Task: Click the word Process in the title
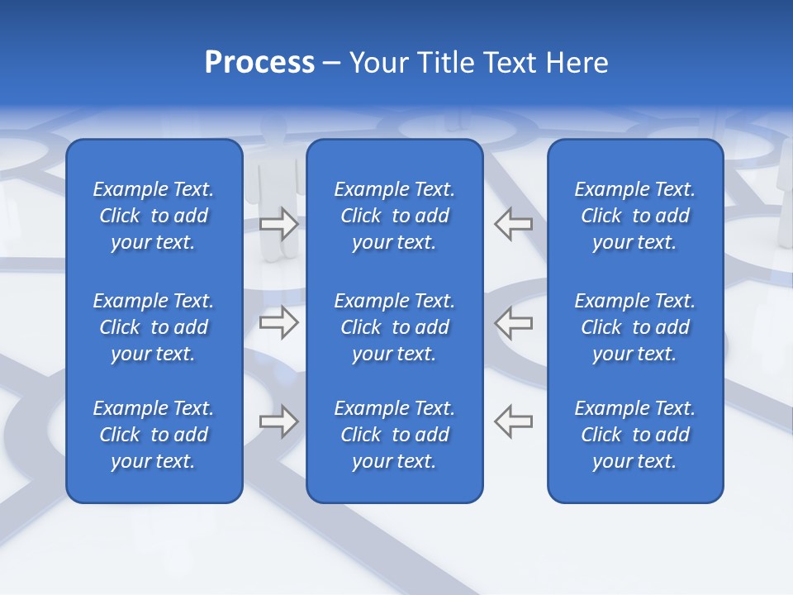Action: [x=259, y=63]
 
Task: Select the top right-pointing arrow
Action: [x=278, y=223]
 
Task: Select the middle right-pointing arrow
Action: [x=278, y=322]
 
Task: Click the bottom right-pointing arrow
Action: [x=278, y=421]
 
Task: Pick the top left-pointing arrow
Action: [x=514, y=223]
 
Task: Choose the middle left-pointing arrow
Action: [x=514, y=322]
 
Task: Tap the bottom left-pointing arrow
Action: [x=514, y=421]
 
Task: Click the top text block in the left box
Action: [x=154, y=216]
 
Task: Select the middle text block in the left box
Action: [x=154, y=327]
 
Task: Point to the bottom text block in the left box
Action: [x=154, y=435]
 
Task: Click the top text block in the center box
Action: [x=395, y=216]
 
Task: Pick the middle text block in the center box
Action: [x=395, y=327]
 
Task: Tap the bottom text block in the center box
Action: [x=395, y=435]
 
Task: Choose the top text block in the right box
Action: [x=635, y=216]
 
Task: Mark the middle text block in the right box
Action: [x=635, y=327]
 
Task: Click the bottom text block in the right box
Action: [x=635, y=435]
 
